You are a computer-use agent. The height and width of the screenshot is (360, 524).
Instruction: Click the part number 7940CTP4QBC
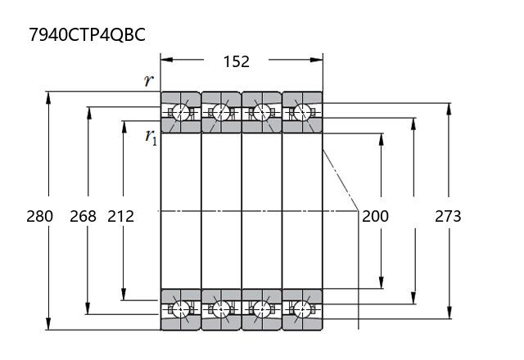88,34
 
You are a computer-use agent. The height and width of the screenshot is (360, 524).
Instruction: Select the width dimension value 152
237,62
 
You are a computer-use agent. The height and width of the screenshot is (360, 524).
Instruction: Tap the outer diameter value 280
40,216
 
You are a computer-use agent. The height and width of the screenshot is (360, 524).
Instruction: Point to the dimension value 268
83,216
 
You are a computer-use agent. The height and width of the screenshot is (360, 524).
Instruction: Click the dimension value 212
120,216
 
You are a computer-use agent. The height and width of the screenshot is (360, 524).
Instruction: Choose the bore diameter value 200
375,216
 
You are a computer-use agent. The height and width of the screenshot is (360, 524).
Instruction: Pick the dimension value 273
448,216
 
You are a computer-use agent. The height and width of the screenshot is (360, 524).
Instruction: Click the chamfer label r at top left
149,80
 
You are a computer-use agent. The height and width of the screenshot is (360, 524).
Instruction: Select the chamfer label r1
151,137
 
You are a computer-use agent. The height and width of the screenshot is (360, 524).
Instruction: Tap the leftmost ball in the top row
181,112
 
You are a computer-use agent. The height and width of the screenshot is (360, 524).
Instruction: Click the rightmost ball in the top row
302,112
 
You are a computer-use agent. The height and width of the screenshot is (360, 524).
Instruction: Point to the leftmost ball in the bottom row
181,309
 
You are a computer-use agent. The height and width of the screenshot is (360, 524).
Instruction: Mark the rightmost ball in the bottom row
302,309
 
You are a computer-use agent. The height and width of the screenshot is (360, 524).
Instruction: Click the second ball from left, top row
221,112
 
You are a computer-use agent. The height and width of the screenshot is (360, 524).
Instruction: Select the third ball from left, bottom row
262,309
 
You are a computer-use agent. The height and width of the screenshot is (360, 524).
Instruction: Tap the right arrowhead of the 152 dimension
317,60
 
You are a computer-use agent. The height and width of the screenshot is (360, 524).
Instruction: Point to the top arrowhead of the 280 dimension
49,97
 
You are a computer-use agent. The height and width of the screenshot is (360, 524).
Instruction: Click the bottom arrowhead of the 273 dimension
449,313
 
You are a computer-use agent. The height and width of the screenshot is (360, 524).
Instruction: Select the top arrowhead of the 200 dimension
382,140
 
